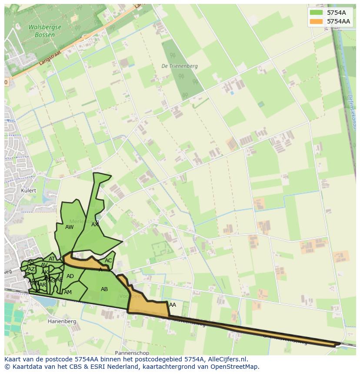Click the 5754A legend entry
[336, 13]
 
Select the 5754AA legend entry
[338, 21]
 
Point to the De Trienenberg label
[179, 66]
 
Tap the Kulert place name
[29, 191]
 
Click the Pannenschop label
[132, 353]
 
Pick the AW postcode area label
[69, 227]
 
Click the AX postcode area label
[95, 225]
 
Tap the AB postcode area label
[104, 289]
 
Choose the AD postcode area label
[70, 276]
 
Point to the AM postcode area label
[68, 292]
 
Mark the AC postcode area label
[108, 261]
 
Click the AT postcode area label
[52, 259]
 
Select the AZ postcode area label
[31, 269]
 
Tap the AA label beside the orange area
[173, 305]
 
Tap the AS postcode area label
[31, 262]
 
